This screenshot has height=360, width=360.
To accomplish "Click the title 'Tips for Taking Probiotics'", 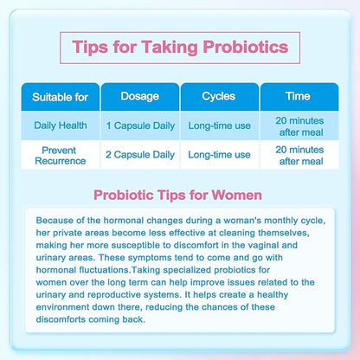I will (179, 46).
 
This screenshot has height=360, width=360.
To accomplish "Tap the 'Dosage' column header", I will (139, 96).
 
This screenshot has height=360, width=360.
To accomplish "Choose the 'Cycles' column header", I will (218, 96).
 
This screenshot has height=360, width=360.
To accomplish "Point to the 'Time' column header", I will (298, 96).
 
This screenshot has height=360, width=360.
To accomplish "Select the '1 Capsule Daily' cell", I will (139, 126).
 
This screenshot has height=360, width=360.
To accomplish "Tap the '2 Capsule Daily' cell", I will (139, 155).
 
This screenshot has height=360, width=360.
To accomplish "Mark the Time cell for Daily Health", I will (298, 126).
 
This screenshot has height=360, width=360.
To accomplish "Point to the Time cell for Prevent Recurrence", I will (298, 155).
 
